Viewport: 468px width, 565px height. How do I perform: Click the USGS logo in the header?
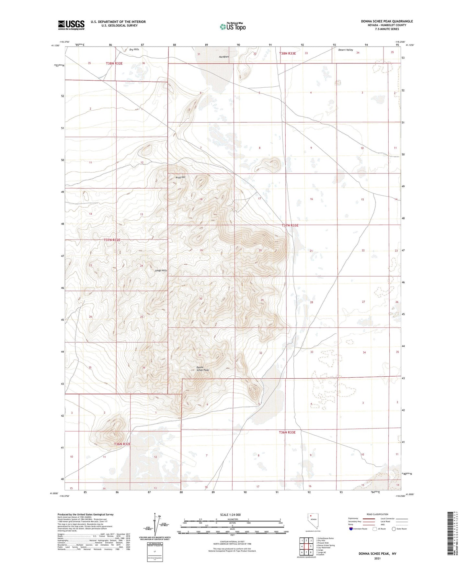(x=71, y=25)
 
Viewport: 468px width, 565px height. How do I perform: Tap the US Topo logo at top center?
(x=233, y=27)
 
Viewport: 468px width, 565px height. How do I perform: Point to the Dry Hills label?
(x=134, y=50)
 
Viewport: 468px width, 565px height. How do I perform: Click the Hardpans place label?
(x=224, y=57)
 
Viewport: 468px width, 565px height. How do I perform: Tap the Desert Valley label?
(x=346, y=50)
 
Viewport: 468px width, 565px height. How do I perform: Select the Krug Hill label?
(x=180, y=177)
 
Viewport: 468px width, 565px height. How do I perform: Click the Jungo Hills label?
(x=161, y=271)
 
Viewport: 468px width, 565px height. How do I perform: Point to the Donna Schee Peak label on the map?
(x=202, y=369)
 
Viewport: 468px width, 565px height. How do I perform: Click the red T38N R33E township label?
(x=288, y=53)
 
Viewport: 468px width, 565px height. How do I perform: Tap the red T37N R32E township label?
(x=112, y=240)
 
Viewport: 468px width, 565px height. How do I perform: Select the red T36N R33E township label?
(x=287, y=432)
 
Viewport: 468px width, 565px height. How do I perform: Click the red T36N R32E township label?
(x=122, y=444)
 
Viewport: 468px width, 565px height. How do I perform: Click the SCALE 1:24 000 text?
(x=230, y=515)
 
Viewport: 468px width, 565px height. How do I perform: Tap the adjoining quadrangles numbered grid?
(x=306, y=547)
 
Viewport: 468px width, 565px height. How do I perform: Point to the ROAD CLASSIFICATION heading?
(x=377, y=514)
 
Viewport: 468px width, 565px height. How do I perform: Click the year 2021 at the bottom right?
(x=377, y=559)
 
